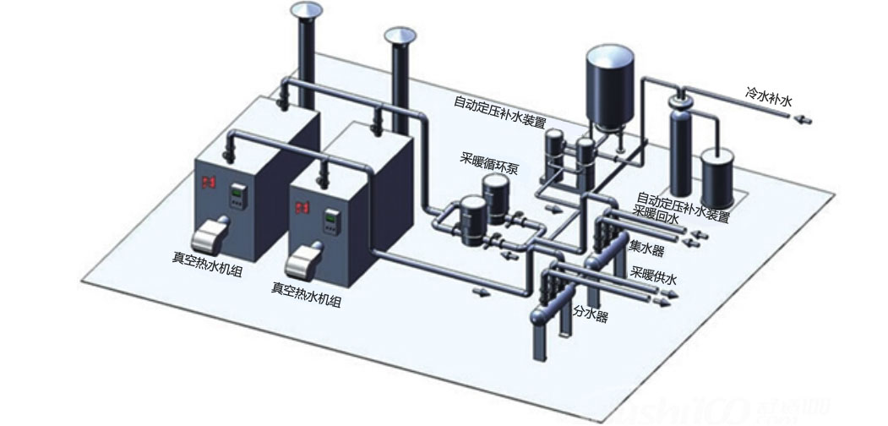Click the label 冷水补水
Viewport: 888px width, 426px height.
click(769, 100)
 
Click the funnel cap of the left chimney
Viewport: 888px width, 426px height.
click(306, 10)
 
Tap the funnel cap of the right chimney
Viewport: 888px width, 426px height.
click(400, 35)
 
